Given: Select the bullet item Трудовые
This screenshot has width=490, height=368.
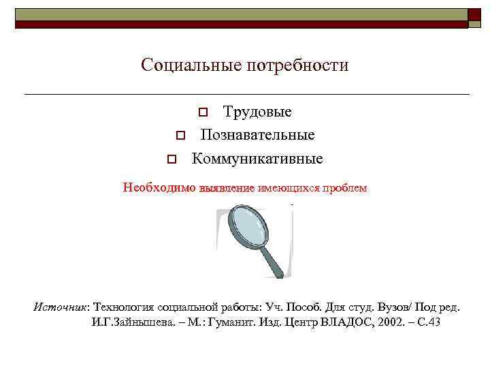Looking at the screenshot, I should (257, 112).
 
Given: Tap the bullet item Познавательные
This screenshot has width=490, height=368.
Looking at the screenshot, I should (257, 135).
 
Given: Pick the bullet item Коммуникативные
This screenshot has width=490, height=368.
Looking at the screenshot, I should (257, 159).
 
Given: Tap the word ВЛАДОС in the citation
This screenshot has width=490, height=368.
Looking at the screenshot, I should (342, 322).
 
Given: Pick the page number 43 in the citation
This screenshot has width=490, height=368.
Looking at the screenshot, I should (434, 322).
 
